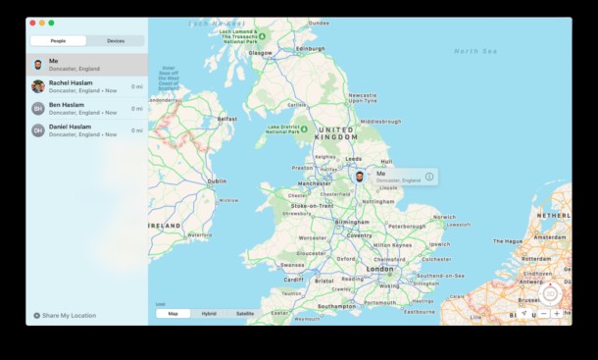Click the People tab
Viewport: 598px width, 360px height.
[58, 41]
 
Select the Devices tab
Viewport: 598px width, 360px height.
[116, 41]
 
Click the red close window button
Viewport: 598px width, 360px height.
[32, 22]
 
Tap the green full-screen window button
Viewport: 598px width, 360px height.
[51, 22]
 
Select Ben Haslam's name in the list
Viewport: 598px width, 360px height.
[66, 105]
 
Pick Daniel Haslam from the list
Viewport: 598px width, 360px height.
[70, 127]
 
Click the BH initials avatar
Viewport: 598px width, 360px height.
[38, 108]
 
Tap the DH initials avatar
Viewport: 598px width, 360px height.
[38, 129]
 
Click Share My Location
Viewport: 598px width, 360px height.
[69, 316]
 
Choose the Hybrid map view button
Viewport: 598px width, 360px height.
[209, 313]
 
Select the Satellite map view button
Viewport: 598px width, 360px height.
[245, 313]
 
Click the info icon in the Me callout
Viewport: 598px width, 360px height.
[429, 177]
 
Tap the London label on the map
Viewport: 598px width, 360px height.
[379, 268]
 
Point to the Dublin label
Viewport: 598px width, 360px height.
[216, 181]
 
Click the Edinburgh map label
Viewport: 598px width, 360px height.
[310, 47]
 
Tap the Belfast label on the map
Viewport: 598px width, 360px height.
[227, 119]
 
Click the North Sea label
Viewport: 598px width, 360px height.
[475, 50]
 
